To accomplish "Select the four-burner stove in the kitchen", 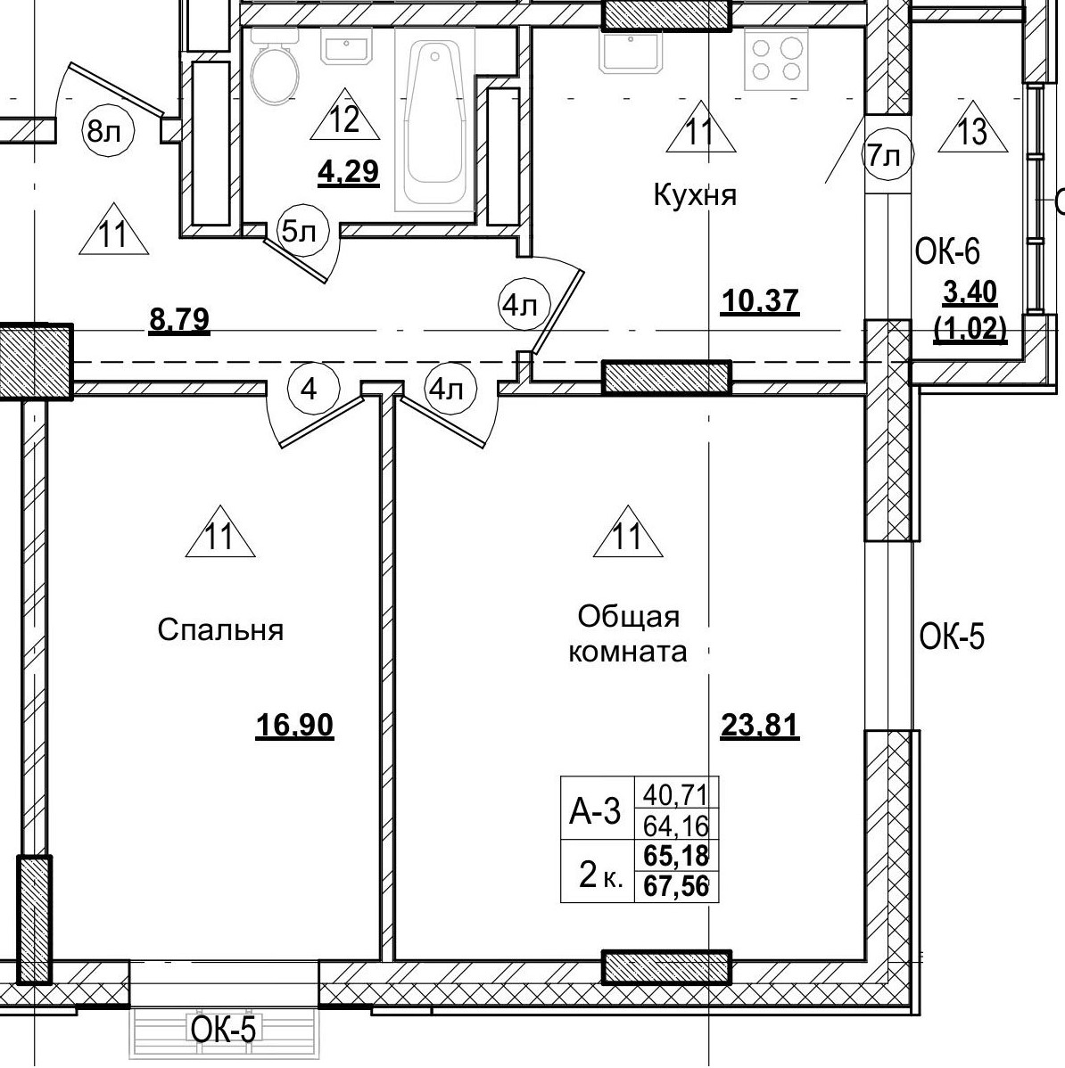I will point(775,59).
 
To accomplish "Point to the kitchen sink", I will point(632,52).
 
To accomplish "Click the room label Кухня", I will point(695,195).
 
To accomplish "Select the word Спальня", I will point(220,630).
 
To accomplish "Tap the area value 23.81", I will point(759,727).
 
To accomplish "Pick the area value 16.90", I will point(294,727).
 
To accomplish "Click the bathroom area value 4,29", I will point(349,171).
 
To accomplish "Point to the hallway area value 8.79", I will point(179,318).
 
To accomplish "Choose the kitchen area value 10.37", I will point(759,301).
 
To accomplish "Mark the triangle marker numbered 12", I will point(345,117).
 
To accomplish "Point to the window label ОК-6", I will point(946,252).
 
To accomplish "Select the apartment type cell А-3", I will point(595,812).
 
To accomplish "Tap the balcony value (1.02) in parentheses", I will point(970,331).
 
